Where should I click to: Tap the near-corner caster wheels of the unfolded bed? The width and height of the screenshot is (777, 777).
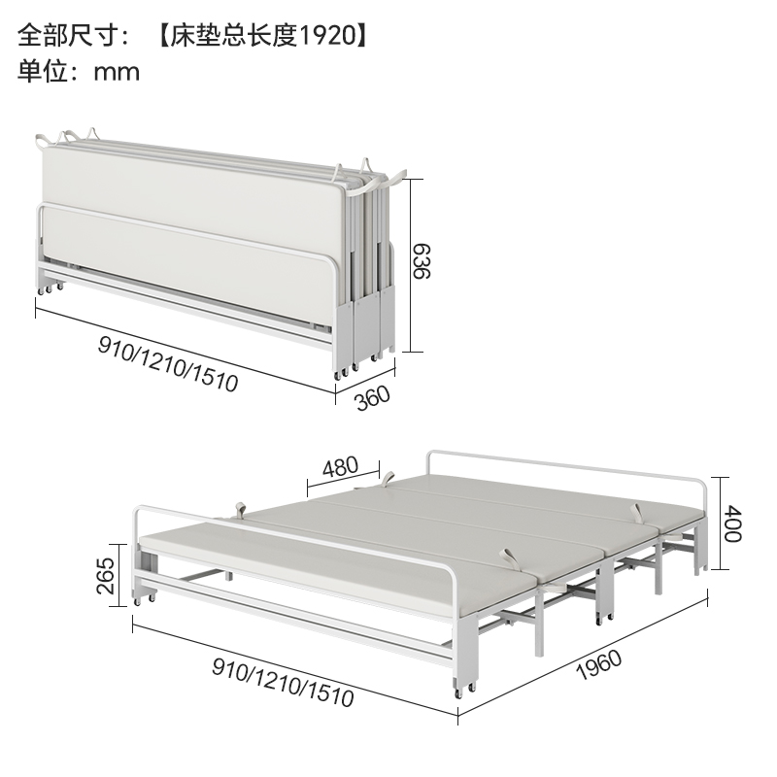(461, 693)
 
